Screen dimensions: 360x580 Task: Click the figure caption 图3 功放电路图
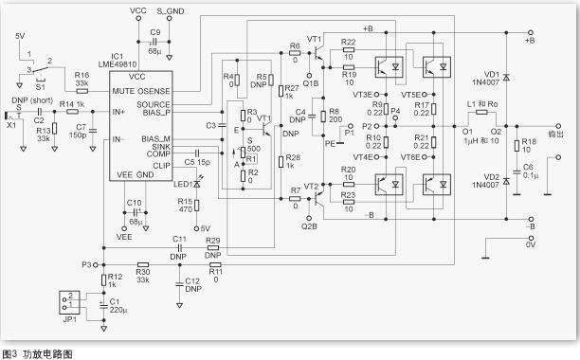pyautogui.click(x=38, y=352)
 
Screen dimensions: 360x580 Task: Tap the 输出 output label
pyautogui.click(x=558, y=134)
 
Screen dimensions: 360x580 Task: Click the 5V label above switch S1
pyautogui.click(x=20, y=35)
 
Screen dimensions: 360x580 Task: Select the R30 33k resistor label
pyautogui.click(x=143, y=272)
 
